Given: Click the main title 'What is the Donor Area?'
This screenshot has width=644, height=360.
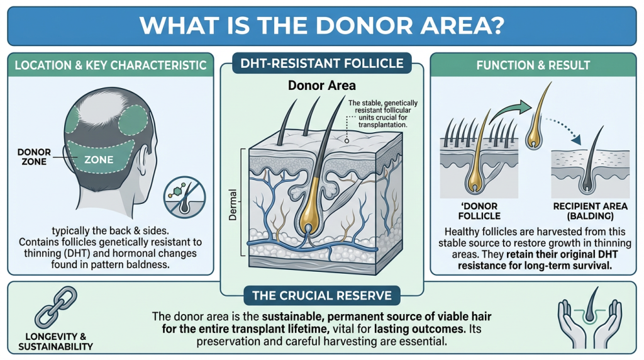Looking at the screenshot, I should click(321, 25).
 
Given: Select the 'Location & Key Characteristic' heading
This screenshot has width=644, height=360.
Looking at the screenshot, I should click(110, 65).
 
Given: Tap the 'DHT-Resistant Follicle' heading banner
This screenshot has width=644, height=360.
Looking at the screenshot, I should click(321, 63).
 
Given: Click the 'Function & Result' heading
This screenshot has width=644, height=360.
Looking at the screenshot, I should click(533, 65).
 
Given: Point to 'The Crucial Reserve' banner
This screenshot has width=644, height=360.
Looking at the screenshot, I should click(321, 295).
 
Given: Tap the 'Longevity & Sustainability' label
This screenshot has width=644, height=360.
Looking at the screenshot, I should click(55, 341).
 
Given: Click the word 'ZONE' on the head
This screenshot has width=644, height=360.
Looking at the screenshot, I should click(99, 159).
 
